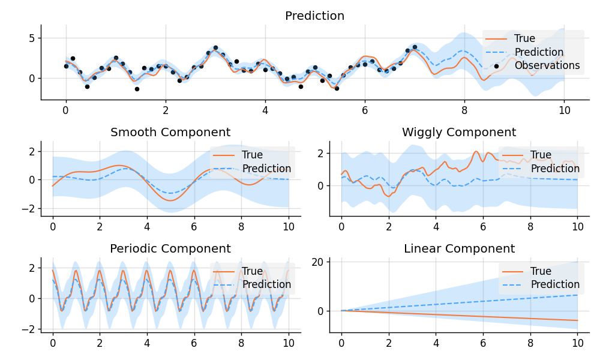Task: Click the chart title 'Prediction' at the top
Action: click(x=314, y=16)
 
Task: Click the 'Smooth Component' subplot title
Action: click(x=170, y=133)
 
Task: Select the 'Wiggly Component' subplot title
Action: click(x=459, y=133)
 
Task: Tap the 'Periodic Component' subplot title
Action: click(x=170, y=249)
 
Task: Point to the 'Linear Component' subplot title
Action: click(x=459, y=249)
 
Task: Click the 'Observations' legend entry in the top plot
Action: click(x=547, y=66)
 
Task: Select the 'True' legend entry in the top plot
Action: click(x=524, y=39)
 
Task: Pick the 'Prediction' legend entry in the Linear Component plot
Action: click(x=555, y=284)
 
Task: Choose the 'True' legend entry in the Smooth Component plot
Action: click(x=253, y=155)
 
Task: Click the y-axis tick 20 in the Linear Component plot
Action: click(x=317, y=262)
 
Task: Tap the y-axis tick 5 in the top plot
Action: click(x=30, y=38)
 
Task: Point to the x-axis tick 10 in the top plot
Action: click(x=563, y=110)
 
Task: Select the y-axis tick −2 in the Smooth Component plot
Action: click(x=28, y=208)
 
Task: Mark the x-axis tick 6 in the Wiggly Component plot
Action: click(x=483, y=227)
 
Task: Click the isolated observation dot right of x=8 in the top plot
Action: click(x=496, y=66)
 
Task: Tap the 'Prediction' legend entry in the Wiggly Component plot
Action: click(x=555, y=169)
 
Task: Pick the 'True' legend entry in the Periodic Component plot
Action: click(x=253, y=272)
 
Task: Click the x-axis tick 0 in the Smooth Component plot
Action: click(x=52, y=227)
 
